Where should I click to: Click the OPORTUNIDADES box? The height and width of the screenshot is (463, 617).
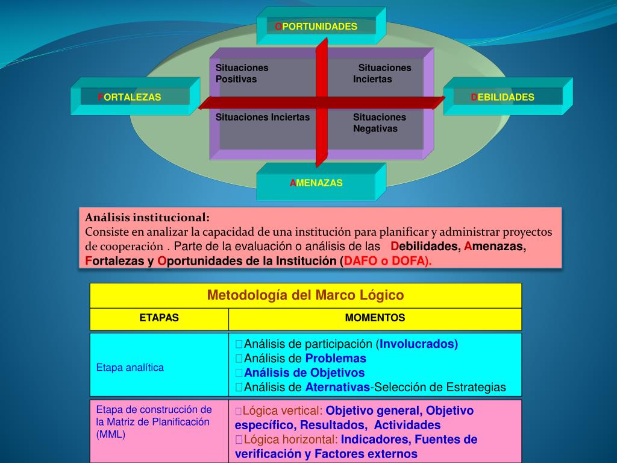(316, 27)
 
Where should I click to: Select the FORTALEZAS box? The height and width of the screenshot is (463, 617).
(130, 97)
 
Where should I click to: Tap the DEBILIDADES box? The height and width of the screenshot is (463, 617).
(503, 97)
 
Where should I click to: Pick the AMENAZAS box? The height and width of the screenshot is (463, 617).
(316, 183)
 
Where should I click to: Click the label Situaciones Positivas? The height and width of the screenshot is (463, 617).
(242, 74)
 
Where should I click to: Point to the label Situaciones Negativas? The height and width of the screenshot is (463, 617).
(379, 123)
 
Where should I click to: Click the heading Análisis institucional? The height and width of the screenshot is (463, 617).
(148, 217)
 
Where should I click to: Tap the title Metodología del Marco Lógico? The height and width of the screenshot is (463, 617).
(305, 295)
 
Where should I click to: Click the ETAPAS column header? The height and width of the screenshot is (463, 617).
(159, 318)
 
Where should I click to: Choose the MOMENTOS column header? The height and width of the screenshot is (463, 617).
(375, 318)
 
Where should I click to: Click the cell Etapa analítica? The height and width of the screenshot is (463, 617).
(130, 367)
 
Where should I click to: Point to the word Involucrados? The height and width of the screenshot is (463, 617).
(419, 344)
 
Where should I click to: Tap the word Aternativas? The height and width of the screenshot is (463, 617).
(337, 388)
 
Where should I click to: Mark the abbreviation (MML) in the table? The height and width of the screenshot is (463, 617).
(111, 434)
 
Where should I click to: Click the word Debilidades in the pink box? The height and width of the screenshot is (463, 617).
(425, 247)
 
